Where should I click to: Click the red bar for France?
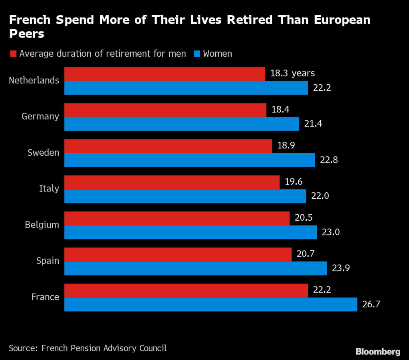point(186,291)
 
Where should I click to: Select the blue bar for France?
point(210,305)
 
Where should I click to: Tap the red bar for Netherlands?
point(164,74)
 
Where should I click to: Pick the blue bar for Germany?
point(181,124)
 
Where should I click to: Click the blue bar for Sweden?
point(189,160)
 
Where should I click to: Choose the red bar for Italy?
point(172,182)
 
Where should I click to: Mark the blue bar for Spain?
point(195,268)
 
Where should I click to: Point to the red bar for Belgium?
point(177,218)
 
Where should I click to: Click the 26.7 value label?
point(371,305)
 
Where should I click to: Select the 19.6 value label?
point(294,182)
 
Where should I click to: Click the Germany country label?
point(40,117)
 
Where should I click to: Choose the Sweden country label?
point(43,152)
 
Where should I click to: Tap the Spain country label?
point(48,261)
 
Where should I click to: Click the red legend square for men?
point(13,53)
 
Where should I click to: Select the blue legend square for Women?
point(197,53)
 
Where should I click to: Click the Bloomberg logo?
point(377,352)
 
